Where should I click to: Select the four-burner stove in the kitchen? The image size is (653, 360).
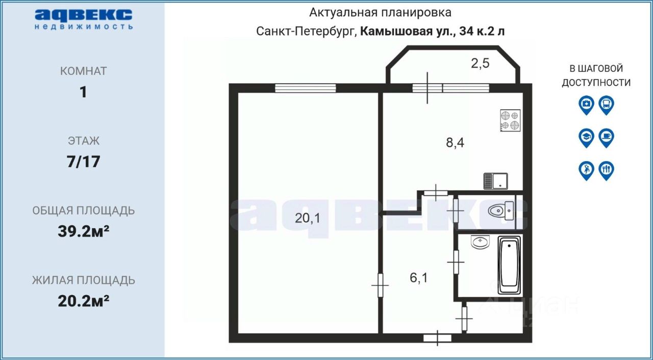(x=510, y=120)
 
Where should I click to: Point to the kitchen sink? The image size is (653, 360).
(x=495, y=181)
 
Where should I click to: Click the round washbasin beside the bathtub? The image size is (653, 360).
(x=480, y=242)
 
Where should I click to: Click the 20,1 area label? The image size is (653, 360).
(x=308, y=218)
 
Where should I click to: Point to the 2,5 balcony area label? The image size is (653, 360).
(x=480, y=64)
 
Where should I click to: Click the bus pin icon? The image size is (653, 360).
(x=606, y=105)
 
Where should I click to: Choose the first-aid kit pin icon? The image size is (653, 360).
(x=586, y=105)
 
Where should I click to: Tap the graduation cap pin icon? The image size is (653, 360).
(x=586, y=137)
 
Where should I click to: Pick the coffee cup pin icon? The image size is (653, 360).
(x=606, y=137)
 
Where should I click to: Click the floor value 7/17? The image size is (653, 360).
(x=84, y=162)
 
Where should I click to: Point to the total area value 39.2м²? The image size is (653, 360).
(x=84, y=232)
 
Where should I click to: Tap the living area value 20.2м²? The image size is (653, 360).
(x=84, y=301)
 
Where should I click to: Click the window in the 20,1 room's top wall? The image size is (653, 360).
(x=305, y=88)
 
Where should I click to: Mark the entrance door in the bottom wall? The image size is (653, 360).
(x=437, y=337)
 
